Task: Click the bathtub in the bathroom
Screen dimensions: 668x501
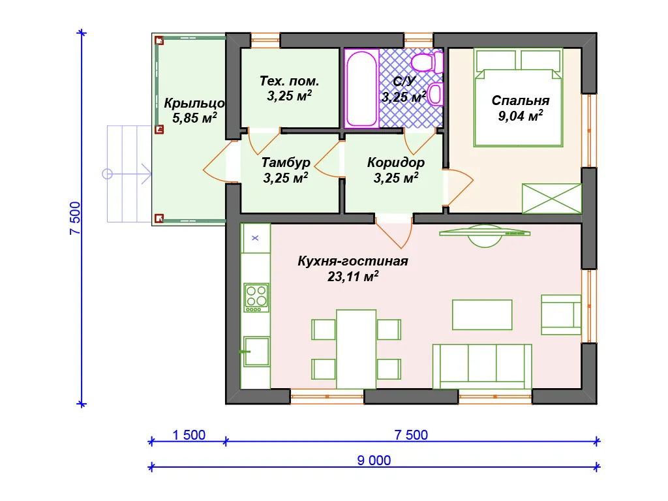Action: [x=361, y=89]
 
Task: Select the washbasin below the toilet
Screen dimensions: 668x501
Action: [x=434, y=95]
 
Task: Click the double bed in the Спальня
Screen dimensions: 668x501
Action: [x=518, y=98]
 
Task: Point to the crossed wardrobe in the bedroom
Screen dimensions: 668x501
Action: [x=552, y=198]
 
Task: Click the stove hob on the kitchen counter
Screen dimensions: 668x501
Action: [x=256, y=297]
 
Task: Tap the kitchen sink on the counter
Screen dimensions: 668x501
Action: [x=256, y=352]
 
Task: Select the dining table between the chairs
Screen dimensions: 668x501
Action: [x=356, y=350]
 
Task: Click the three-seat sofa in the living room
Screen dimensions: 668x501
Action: [x=482, y=367]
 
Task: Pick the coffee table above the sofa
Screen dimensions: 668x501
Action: [x=482, y=315]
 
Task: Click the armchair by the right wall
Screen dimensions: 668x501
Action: [x=561, y=314]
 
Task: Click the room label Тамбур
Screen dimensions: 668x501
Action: [x=286, y=162]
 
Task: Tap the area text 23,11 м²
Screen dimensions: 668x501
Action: [x=353, y=277]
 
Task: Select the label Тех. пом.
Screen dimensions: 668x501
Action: [x=289, y=81]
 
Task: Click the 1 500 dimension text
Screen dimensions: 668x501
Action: [x=189, y=435]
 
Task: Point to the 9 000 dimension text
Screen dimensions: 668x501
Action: [x=374, y=461]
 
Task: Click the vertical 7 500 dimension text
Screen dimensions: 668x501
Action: [x=75, y=218]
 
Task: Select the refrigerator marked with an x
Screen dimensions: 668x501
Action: [x=255, y=238]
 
